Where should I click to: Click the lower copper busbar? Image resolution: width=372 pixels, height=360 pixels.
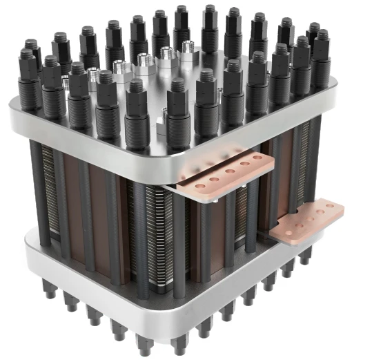[x=306, y=220]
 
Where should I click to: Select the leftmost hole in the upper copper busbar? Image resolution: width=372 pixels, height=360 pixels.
[x=200, y=187]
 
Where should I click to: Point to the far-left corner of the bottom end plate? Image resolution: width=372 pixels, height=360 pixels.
[x=28, y=242]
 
